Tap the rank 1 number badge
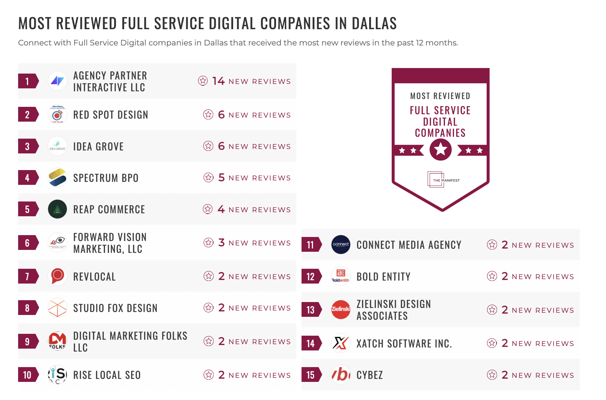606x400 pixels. pyautogui.click(x=27, y=81)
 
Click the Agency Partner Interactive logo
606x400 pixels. pyautogui.click(x=57, y=81)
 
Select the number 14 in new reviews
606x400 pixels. pyautogui.click(x=218, y=81)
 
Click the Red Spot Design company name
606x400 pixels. pyautogui.click(x=110, y=115)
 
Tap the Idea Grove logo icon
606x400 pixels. pyautogui.click(x=57, y=146)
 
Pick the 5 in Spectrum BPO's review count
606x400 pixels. pyautogui.click(x=221, y=178)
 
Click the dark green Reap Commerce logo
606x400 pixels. pyautogui.click(x=57, y=209)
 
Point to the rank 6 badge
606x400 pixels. pyautogui.click(x=27, y=243)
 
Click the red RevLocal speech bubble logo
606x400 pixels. pyautogui.click(x=57, y=276)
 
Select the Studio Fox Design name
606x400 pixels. pyautogui.click(x=115, y=308)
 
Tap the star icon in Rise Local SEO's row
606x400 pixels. pyautogui.click(x=209, y=375)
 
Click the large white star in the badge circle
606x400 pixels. pyautogui.click(x=440, y=150)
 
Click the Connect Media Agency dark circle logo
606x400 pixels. pyautogui.click(x=341, y=244)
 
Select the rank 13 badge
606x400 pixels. pyautogui.click(x=311, y=310)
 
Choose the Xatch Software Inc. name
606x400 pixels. pyautogui.click(x=404, y=343)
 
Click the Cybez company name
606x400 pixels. pyautogui.click(x=370, y=375)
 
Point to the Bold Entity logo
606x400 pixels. pyautogui.click(x=341, y=276)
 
